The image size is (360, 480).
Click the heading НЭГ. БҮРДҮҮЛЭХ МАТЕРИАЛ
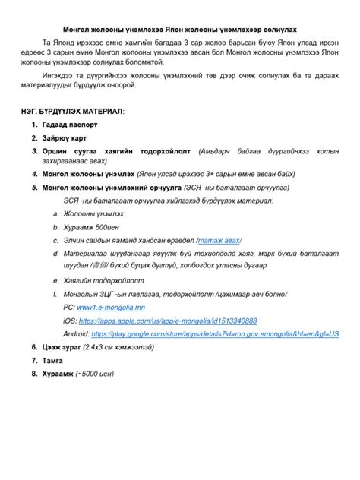73,111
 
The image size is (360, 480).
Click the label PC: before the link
69,307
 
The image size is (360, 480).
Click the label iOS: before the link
69,321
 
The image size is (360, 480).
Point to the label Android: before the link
77,333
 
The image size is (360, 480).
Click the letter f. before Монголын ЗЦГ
55,293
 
